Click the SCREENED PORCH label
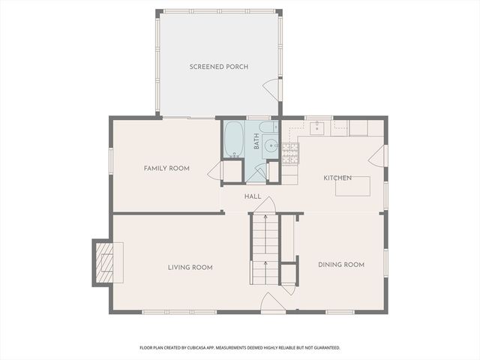click(x=218, y=67)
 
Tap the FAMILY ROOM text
click(x=166, y=169)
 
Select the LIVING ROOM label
click(x=190, y=267)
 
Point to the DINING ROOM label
click(x=341, y=265)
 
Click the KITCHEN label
click(x=337, y=178)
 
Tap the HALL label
click(x=253, y=196)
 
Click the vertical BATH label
click(x=256, y=142)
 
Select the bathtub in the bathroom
click(x=234, y=140)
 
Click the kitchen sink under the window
click(x=319, y=127)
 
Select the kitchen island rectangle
click(x=352, y=185)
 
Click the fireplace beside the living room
click(x=103, y=262)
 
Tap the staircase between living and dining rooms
click(x=264, y=247)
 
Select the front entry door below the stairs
click(x=271, y=303)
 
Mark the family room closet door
click(x=215, y=172)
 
